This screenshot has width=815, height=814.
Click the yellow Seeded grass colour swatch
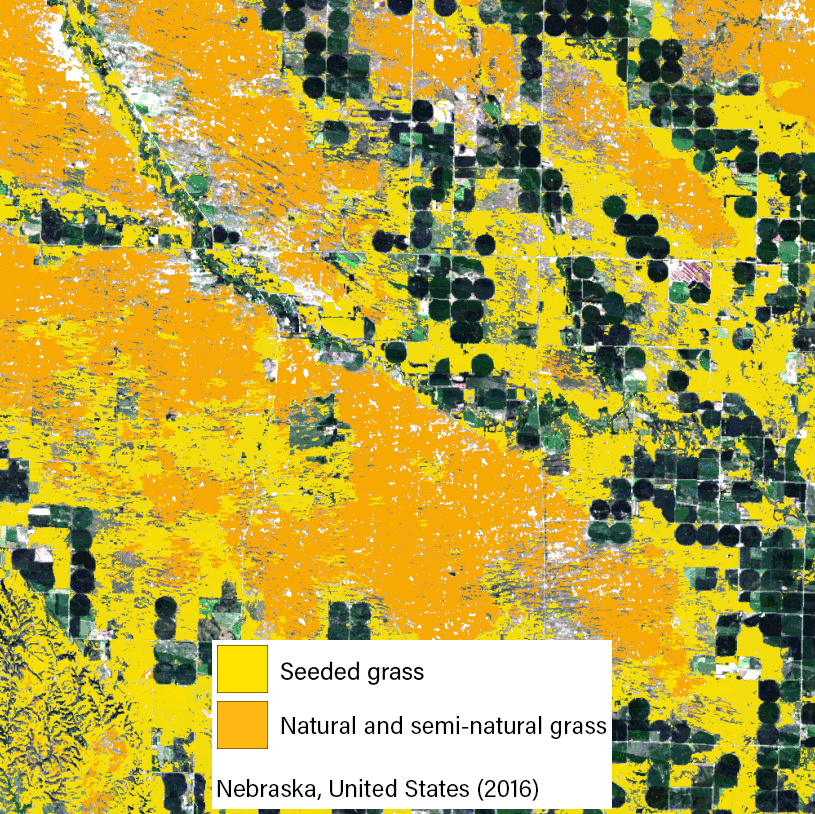[242, 669]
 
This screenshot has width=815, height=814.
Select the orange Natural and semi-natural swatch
[242, 724]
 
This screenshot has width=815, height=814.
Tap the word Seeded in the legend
[311, 671]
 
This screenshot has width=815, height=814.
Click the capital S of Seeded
[287, 671]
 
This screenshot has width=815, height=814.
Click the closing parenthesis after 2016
[535, 788]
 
